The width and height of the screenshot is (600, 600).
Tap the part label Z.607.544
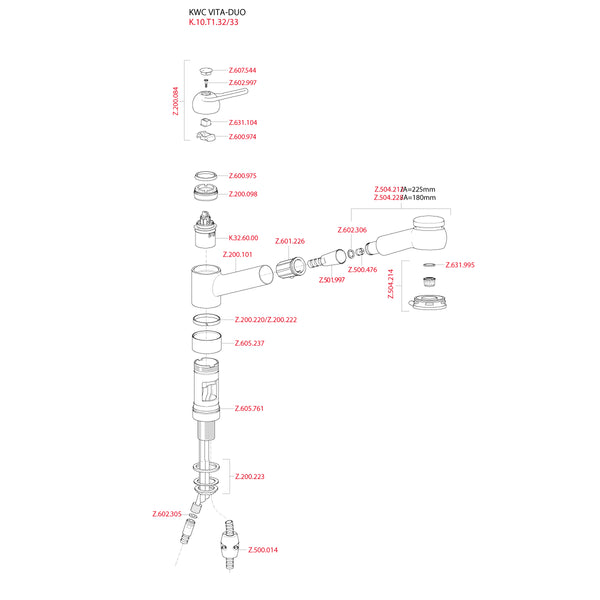pos(242,71)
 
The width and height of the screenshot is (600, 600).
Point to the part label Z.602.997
pos(242,83)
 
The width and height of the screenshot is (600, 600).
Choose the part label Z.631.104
pos(242,123)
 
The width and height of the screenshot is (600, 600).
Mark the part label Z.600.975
pos(243,176)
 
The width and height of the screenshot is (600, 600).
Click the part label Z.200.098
pos(243,194)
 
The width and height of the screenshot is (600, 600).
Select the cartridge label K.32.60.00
pos(243,238)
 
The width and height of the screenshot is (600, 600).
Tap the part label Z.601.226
pos(291,242)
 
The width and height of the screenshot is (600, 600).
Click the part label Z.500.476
pos(362,270)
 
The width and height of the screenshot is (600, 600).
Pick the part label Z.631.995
pos(460,265)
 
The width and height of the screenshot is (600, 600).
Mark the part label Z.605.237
pos(249,343)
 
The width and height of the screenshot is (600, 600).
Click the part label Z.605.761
pos(249,409)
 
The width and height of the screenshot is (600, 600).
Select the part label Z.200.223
pos(249,477)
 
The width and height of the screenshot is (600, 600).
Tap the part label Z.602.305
pos(167,514)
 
